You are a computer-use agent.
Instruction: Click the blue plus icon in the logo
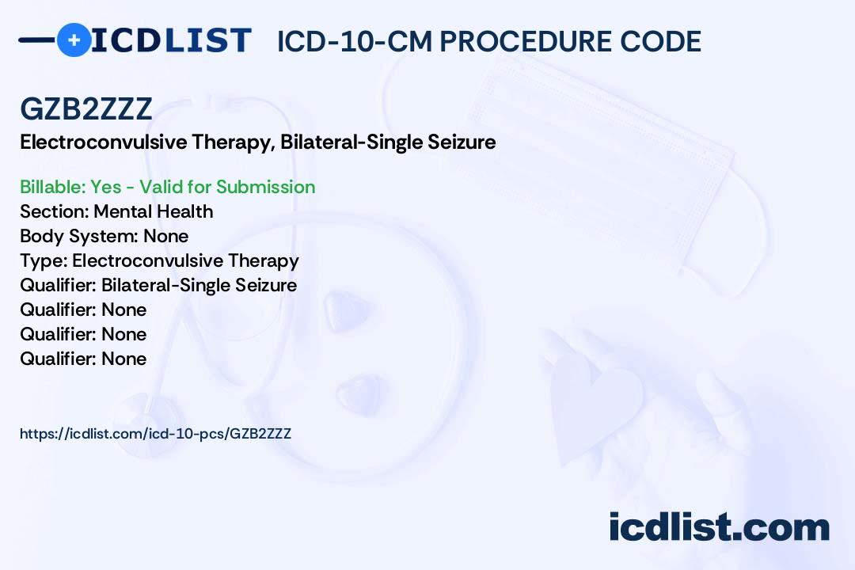pyautogui.click(x=74, y=40)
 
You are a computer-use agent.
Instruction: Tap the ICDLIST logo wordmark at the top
pyautogui.click(x=171, y=40)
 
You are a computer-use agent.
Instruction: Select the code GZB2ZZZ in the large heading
pyautogui.click(x=86, y=109)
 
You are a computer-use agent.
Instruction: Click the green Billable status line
pyautogui.click(x=168, y=187)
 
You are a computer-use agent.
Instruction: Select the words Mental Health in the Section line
pyautogui.click(x=154, y=211)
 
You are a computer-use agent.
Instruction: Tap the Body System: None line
pyautogui.click(x=104, y=236)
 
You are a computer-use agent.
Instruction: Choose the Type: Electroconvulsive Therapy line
pyautogui.click(x=159, y=260)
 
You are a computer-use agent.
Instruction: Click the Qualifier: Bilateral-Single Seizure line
pyautogui.click(x=158, y=285)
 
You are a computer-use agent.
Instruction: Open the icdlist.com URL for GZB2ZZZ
pyautogui.click(x=155, y=434)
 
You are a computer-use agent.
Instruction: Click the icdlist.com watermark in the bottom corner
pyautogui.click(x=719, y=528)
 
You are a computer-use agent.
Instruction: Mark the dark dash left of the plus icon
pyautogui.click(x=36, y=40)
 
